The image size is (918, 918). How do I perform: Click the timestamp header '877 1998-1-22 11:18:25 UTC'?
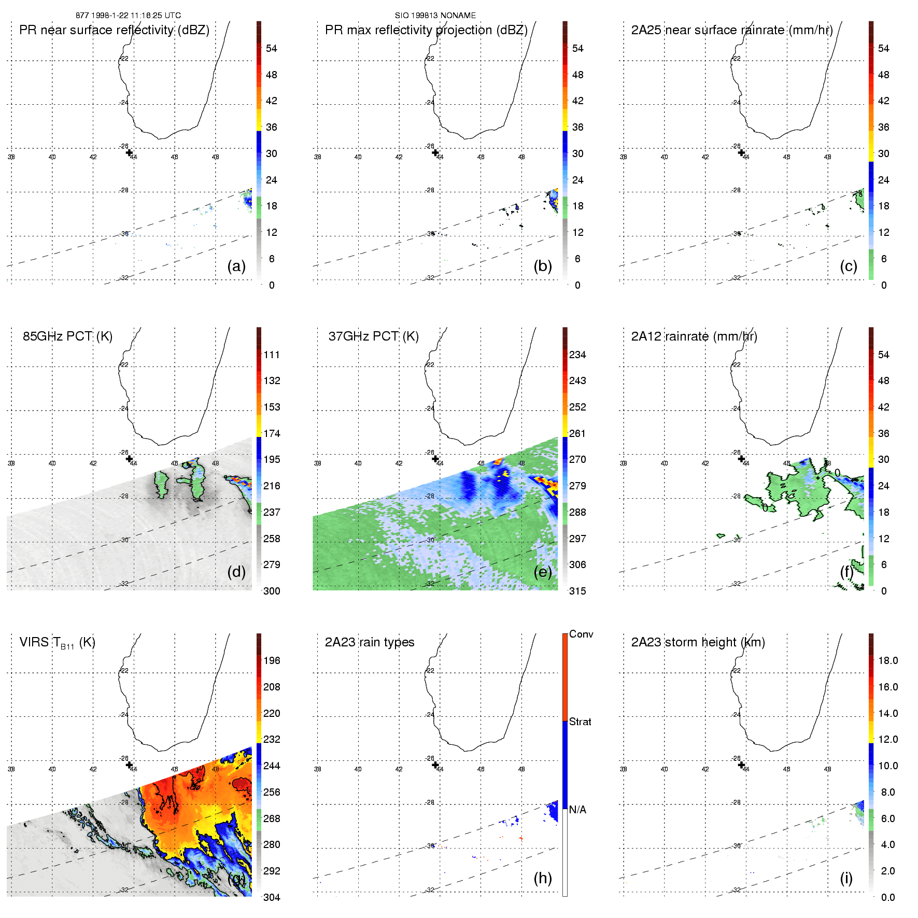pos(128,16)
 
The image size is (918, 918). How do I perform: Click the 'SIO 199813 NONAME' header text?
pos(435,16)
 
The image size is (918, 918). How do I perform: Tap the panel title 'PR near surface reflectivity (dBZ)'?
pos(114,30)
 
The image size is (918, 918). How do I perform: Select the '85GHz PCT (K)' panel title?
pos(67,336)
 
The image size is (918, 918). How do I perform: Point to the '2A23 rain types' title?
pos(369,642)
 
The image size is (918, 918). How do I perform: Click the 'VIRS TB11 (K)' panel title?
pos(57,643)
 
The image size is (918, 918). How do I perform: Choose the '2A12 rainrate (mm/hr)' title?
pos(694,336)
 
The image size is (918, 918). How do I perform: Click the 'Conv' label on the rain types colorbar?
pos(581,634)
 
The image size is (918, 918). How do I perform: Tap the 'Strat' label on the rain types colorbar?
pos(580,722)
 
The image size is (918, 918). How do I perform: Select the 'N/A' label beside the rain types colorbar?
pos(577,810)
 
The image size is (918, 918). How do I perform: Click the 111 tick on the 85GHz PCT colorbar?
pos(272,355)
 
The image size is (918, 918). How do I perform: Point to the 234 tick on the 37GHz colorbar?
pos(577,355)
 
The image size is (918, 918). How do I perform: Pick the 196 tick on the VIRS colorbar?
pos(272,660)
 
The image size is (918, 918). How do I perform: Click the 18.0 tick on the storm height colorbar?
pos(887,660)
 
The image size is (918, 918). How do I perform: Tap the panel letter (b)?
pos(542,266)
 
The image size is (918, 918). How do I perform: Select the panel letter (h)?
pos(542,878)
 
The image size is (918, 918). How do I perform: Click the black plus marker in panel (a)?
pos(129,152)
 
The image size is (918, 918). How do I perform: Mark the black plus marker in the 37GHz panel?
pos(435,459)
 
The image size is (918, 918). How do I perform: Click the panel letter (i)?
pos(846,878)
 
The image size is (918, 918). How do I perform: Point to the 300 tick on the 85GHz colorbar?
pos(272,591)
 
